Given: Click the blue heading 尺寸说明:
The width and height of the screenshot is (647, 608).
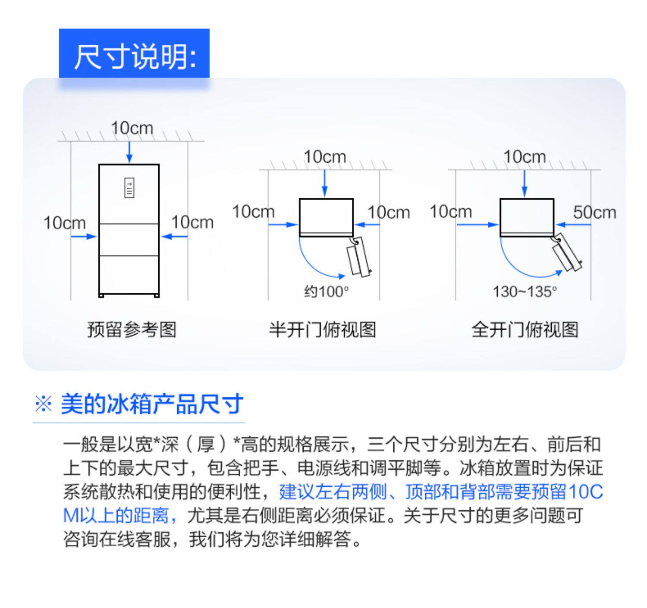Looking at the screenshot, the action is (x=134, y=56).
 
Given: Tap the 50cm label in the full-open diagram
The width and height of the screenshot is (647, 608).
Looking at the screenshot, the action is (x=594, y=212).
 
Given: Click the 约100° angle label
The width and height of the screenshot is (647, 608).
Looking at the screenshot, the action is (x=326, y=292).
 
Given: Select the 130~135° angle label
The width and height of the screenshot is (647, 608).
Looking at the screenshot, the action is (x=525, y=292).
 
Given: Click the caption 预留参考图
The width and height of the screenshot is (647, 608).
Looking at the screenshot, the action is (x=132, y=329).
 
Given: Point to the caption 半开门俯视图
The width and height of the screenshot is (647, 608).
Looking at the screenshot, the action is (x=322, y=329).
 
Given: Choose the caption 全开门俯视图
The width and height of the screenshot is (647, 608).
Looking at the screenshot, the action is (x=525, y=329).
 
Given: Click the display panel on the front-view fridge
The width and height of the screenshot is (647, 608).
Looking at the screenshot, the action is (x=129, y=188).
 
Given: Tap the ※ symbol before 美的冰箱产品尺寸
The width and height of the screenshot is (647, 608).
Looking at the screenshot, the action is (x=43, y=404).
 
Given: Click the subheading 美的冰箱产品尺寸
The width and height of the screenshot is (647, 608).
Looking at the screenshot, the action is (x=152, y=404).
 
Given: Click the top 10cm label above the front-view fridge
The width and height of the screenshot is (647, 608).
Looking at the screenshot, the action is (x=132, y=128).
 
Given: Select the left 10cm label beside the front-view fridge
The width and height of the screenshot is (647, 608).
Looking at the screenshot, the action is (x=64, y=223).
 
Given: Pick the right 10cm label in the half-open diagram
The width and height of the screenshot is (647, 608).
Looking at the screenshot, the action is (x=388, y=212).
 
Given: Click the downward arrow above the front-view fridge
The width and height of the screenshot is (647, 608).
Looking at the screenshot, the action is (x=129, y=152).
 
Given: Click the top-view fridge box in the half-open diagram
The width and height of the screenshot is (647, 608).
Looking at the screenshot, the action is (x=326, y=216).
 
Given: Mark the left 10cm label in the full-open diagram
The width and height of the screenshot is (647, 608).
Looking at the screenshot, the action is (x=450, y=212).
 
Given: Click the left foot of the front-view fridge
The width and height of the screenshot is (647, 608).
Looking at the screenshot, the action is (x=101, y=295).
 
